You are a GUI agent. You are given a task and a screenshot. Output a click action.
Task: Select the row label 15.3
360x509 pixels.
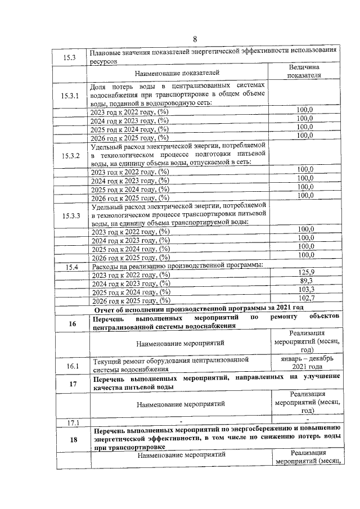(x=71, y=56)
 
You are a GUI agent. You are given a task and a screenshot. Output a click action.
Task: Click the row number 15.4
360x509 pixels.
(x=71, y=267)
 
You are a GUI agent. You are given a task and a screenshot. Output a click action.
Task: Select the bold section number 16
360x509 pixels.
(x=72, y=323)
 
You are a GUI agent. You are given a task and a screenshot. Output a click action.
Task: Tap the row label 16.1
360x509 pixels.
(x=72, y=366)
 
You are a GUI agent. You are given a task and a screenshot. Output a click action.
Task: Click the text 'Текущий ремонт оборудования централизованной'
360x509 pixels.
(x=170, y=359)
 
